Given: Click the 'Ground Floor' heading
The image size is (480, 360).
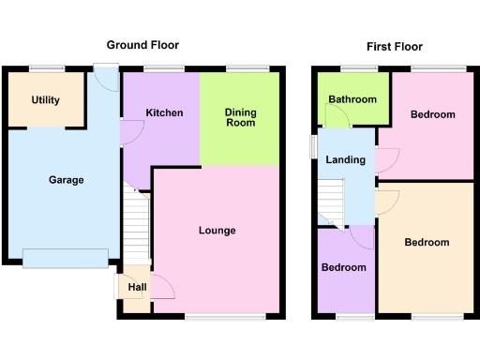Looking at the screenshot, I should click(x=142, y=45).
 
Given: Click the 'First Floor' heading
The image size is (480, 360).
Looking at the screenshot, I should click(x=394, y=46).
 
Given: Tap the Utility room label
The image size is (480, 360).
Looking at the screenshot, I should click(x=45, y=99).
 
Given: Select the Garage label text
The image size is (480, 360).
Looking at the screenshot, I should click(x=66, y=180).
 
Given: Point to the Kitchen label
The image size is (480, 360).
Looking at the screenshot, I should click(x=164, y=113).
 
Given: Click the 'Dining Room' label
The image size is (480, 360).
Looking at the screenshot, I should click(x=240, y=117).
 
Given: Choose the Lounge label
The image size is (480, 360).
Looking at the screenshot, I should click(x=217, y=231).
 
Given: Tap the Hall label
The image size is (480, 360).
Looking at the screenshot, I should click(x=137, y=288).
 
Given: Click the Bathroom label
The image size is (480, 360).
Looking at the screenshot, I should click(x=353, y=99).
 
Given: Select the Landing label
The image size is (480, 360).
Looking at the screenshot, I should click(x=345, y=160).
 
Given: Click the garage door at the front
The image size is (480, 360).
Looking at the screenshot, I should click(x=65, y=257).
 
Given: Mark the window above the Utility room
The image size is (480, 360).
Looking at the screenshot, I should click(x=45, y=67).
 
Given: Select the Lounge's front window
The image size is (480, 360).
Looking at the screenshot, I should click(x=212, y=318).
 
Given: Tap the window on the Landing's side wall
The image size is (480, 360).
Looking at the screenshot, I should click(x=314, y=147).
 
